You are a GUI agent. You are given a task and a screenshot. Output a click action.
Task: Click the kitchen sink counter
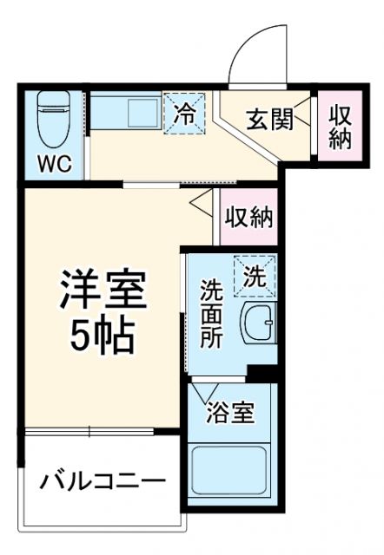(127, 113)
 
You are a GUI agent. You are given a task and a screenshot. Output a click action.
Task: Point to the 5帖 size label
(103, 335)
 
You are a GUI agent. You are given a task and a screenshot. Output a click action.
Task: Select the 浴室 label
(230, 413)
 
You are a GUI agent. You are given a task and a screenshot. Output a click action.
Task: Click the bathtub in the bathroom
(231, 473)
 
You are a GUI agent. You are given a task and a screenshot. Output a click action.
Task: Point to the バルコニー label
(103, 480)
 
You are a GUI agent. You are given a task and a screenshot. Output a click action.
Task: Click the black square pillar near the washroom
(259, 373)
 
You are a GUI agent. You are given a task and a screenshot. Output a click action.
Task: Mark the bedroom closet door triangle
(200, 206)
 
